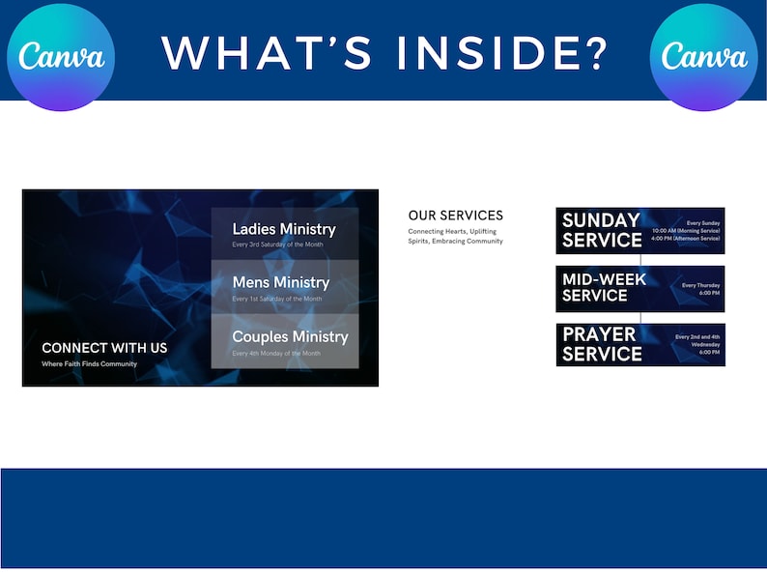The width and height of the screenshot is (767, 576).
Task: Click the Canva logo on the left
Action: [61, 56]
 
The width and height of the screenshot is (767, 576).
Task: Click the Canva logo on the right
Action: [704, 56]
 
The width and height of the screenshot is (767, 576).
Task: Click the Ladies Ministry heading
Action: [284, 229]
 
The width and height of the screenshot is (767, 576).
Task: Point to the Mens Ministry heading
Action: [280, 282]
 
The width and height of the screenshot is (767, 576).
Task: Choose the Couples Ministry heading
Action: [290, 336]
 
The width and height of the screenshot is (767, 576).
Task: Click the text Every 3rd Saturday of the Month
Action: [277, 245]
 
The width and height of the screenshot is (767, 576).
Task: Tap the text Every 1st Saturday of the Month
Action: [276, 299]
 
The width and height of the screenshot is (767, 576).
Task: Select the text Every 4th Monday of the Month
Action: [276, 354]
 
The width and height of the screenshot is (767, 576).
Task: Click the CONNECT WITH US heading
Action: [104, 348]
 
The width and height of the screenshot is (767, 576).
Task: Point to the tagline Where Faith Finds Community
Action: [89, 364]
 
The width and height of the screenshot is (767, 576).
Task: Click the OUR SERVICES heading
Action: [455, 216]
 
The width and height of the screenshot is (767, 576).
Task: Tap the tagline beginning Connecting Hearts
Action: [455, 236]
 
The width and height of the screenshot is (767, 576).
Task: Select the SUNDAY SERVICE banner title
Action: [602, 230]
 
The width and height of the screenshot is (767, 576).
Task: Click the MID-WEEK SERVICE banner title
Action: [604, 287]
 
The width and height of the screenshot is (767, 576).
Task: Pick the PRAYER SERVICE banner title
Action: [602, 344]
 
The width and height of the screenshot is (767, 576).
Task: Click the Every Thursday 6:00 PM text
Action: [700, 289]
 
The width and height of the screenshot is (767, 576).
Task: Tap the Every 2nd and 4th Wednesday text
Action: [696, 340]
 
